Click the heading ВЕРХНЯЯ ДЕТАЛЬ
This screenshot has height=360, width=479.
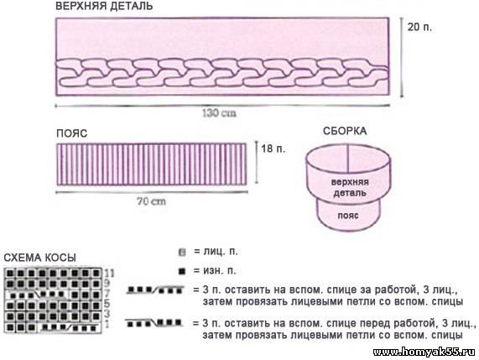[x=104, y=6]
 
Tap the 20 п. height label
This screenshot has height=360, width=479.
[x=419, y=27]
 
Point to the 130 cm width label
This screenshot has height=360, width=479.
[x=219, y=113]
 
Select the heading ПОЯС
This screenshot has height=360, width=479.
[x=72, y=133]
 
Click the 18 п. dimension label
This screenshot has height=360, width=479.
[x=273, y=149]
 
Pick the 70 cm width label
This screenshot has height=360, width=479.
[x=151, y=201]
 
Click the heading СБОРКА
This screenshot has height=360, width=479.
[x=345, y=131]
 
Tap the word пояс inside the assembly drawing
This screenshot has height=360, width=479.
[x=348, y=216]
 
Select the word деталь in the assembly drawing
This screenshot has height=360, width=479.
[x=350, y=193]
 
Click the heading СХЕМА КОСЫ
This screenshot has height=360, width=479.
[x=39, y=258]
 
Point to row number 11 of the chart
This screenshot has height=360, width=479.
[x=109, y=273]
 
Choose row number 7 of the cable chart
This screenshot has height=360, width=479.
[x=107, y=294]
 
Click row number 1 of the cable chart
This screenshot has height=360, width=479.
[x=107, y=324]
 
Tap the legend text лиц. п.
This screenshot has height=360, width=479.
[x=221, y=252]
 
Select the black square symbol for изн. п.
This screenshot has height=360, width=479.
[x=182, y=271]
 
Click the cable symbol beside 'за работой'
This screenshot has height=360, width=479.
[x=156, y=290]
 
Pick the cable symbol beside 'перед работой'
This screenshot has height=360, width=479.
[x=154, y=323]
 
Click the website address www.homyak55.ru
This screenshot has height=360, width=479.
[x=424, y=352]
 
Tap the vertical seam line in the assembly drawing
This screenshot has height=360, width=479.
[x=348, y=159]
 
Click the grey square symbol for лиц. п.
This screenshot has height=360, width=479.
[x=182, y=253]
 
